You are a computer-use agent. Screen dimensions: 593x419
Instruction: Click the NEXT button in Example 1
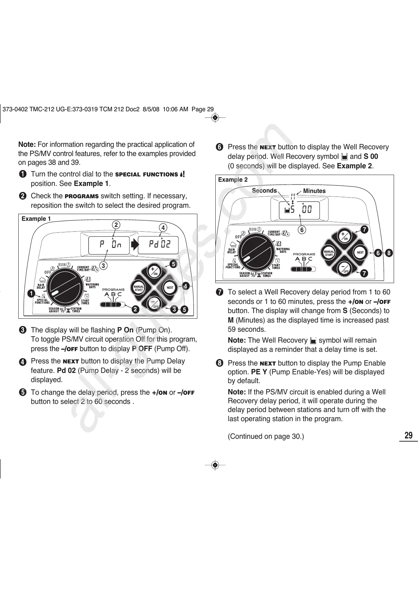click(170, 288)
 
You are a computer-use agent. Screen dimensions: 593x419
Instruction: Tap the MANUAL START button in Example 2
click(329, 253)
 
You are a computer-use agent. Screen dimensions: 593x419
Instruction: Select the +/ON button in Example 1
click(153, 271)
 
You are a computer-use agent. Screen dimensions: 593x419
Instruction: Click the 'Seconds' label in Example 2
click(264, 191)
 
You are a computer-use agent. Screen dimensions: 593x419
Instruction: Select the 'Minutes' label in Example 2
click(314, 191)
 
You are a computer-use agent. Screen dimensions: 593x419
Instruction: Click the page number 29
click(408, 436)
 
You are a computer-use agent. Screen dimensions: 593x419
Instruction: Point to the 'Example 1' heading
click(36, 219)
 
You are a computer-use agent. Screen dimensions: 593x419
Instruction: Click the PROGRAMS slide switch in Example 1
click(111, 304)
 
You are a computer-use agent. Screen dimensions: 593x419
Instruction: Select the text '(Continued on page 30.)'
click(266, 437)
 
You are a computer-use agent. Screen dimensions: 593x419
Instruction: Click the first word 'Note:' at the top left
click(27, 144)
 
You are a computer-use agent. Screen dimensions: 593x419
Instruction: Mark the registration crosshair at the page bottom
click(215, 465)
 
